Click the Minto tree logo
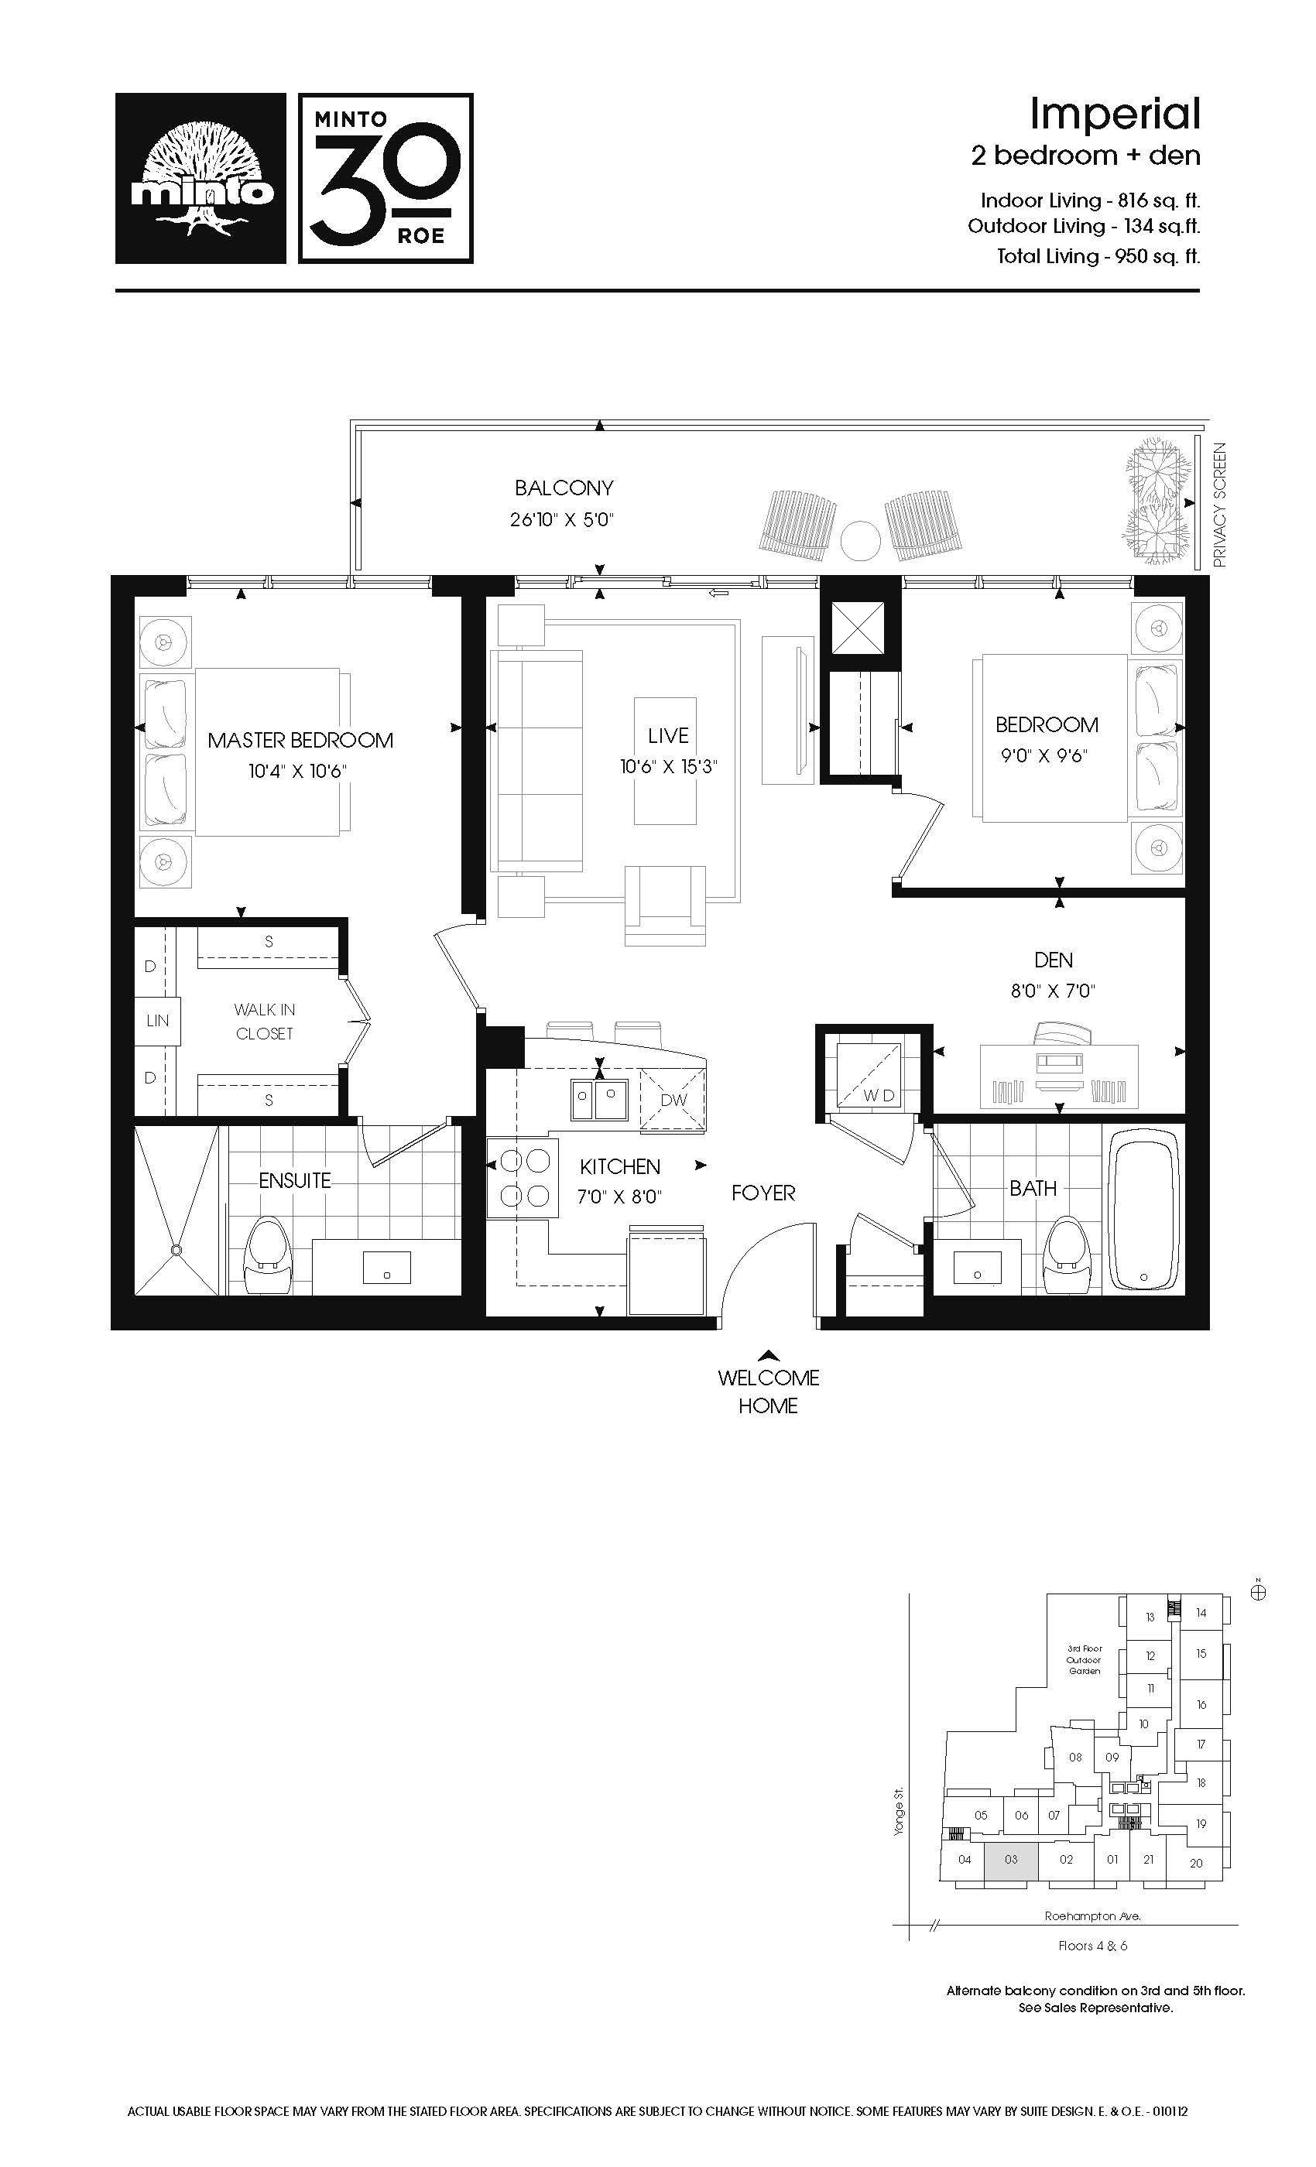(x=201, y=179)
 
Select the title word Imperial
(x=1115, y=114)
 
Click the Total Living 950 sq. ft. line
(x=1098, y=256)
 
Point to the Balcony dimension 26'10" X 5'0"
(x=561, y=520)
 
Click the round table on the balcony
(x=859, y=541)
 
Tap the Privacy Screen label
(x=1219, y=505)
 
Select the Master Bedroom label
(x=300, y=741)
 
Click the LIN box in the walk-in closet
(x=157, y=1021)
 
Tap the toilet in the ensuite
(x=267, y=1255)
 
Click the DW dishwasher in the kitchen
(x=673, y=1099)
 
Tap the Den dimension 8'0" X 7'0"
(x=1053, y=991)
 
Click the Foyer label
(x=763, y=1193)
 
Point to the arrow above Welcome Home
(x=769, y=1355)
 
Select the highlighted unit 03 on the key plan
(x=1011, y=1860)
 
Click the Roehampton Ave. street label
(x=1092, y=1915)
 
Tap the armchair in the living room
(x=665, y=905)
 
